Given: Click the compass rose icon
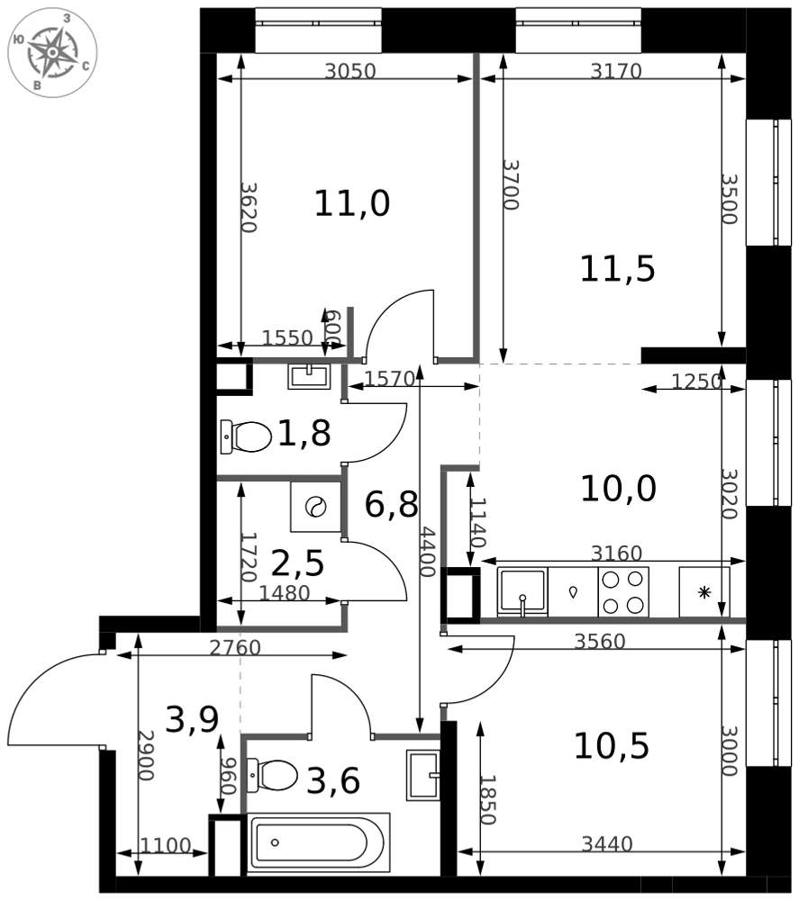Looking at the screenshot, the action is point(52,53).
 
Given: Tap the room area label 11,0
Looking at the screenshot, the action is point(352,203).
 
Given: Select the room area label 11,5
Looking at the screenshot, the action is point(617,268).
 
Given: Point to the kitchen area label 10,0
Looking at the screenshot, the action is point(618,489).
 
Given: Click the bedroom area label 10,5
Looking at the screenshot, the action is point(612,746).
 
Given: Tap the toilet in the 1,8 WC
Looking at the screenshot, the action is point(246,436).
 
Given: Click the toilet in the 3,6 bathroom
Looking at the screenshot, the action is point(272,776).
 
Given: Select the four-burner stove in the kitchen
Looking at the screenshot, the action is point(623,592).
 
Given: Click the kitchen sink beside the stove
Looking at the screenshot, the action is point(522,592).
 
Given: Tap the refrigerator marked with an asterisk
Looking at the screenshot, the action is point(704,592).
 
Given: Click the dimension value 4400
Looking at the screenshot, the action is point(427,552).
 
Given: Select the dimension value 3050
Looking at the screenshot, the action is point(350,71).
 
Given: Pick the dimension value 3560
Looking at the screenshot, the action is point(600,641).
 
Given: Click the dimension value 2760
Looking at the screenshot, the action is point(235,648).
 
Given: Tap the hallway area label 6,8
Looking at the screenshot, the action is point(391,505).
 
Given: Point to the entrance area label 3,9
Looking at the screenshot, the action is point(192,720).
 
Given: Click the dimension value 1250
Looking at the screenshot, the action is point(696,381).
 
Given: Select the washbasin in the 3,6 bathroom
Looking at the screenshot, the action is point(423,775).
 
